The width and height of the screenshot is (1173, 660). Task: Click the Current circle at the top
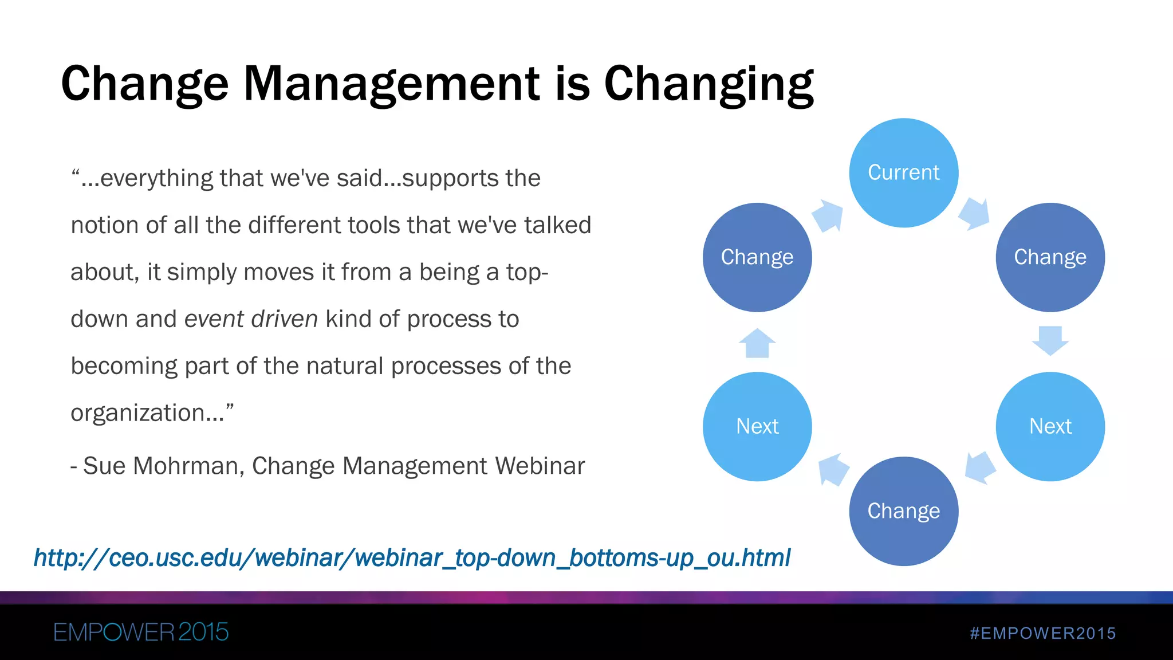click(903, 172)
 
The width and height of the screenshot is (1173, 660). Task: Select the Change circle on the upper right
click(1050, 257)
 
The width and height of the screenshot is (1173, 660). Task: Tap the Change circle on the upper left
click(757, 257)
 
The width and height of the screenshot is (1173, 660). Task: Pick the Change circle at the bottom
click(903, 511)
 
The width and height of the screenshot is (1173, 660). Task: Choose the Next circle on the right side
click(1050, 426)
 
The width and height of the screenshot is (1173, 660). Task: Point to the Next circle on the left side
click(757, 426)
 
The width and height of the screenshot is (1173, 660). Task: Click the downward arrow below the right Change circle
click(1050, 340)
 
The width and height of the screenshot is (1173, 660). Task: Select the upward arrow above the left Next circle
click(757, 343)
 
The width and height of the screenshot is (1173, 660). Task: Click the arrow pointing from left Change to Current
click(828, 215)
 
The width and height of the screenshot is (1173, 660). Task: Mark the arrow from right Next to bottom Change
click(979, 467)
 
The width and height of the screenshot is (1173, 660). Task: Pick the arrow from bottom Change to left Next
click(833, 469)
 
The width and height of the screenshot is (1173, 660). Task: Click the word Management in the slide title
click(392, 84)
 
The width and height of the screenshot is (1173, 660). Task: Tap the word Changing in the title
click(708, 84)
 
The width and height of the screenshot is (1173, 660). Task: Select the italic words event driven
click(251, 319)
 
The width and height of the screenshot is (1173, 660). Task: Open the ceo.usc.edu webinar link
click(412, 558)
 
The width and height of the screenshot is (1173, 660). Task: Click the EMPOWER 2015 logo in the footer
click(141, 632)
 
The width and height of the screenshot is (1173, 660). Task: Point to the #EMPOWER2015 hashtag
click(1042, 633)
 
